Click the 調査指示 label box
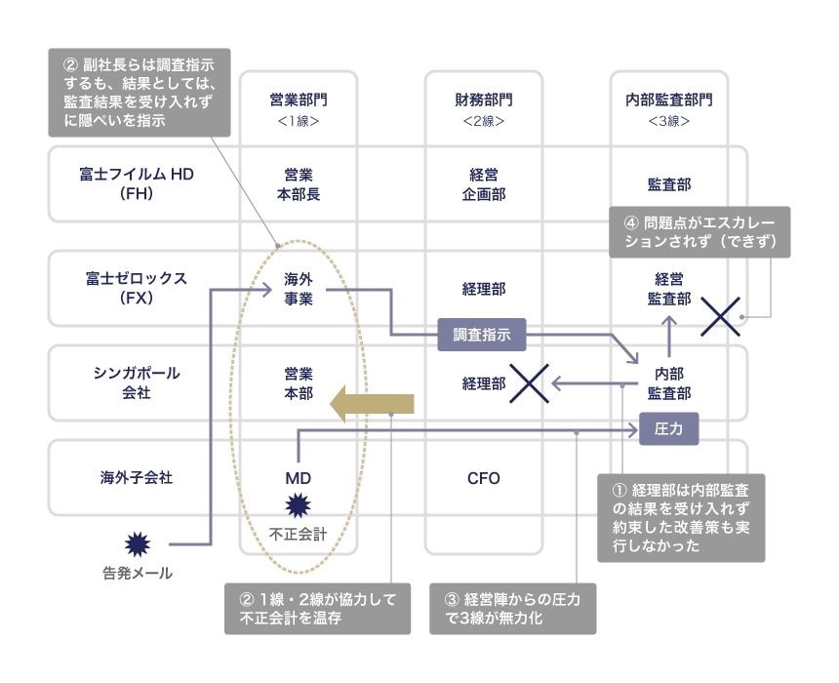483,335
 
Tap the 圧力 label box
668,428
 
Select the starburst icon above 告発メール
138,542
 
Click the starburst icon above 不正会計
298,506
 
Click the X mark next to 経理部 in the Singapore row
527,384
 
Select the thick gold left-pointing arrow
374,404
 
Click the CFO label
483,478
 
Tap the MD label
298,478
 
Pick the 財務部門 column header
483,107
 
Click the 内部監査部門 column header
669,107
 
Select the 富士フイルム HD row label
138,183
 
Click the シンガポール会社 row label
138,382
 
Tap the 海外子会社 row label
138,478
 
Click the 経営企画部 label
483,183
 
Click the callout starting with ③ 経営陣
512,609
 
